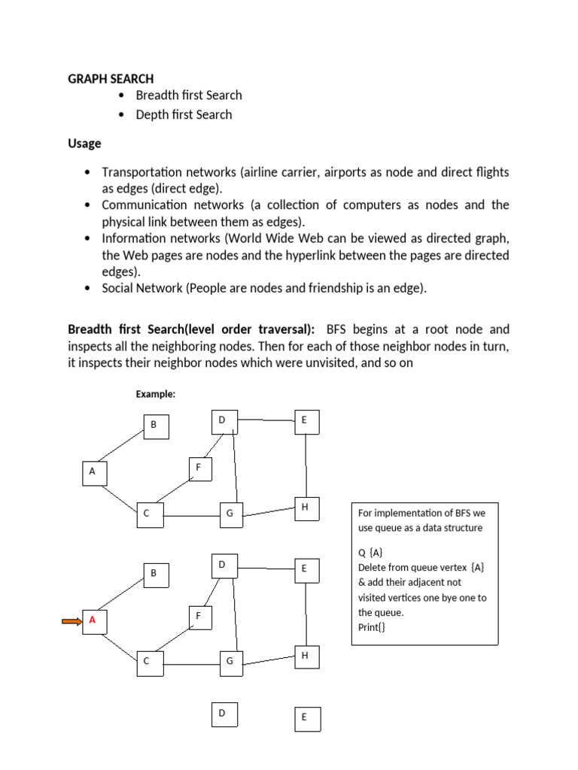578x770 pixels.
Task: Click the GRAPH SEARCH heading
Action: (111, 78)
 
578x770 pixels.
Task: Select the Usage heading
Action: (84, 143)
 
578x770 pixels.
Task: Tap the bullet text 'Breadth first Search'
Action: (189, 95)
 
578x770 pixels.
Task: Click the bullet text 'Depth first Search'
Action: (184, 115)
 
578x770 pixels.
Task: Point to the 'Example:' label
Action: (155, 394)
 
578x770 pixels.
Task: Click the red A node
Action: (94, 621)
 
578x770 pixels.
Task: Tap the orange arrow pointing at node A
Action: (71, 621)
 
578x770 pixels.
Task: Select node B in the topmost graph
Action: (157, 427)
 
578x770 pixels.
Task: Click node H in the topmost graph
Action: (306, 508)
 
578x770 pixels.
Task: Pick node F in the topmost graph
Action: (201, 469)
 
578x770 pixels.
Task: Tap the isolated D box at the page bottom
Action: (224, 714)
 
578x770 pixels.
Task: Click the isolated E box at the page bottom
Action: (306, 718)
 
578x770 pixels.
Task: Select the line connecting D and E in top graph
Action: (265, 420)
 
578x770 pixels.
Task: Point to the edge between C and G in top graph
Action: (191, 516)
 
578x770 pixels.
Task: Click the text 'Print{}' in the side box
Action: (372, 627)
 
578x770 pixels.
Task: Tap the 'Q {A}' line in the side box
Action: (370, 552)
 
